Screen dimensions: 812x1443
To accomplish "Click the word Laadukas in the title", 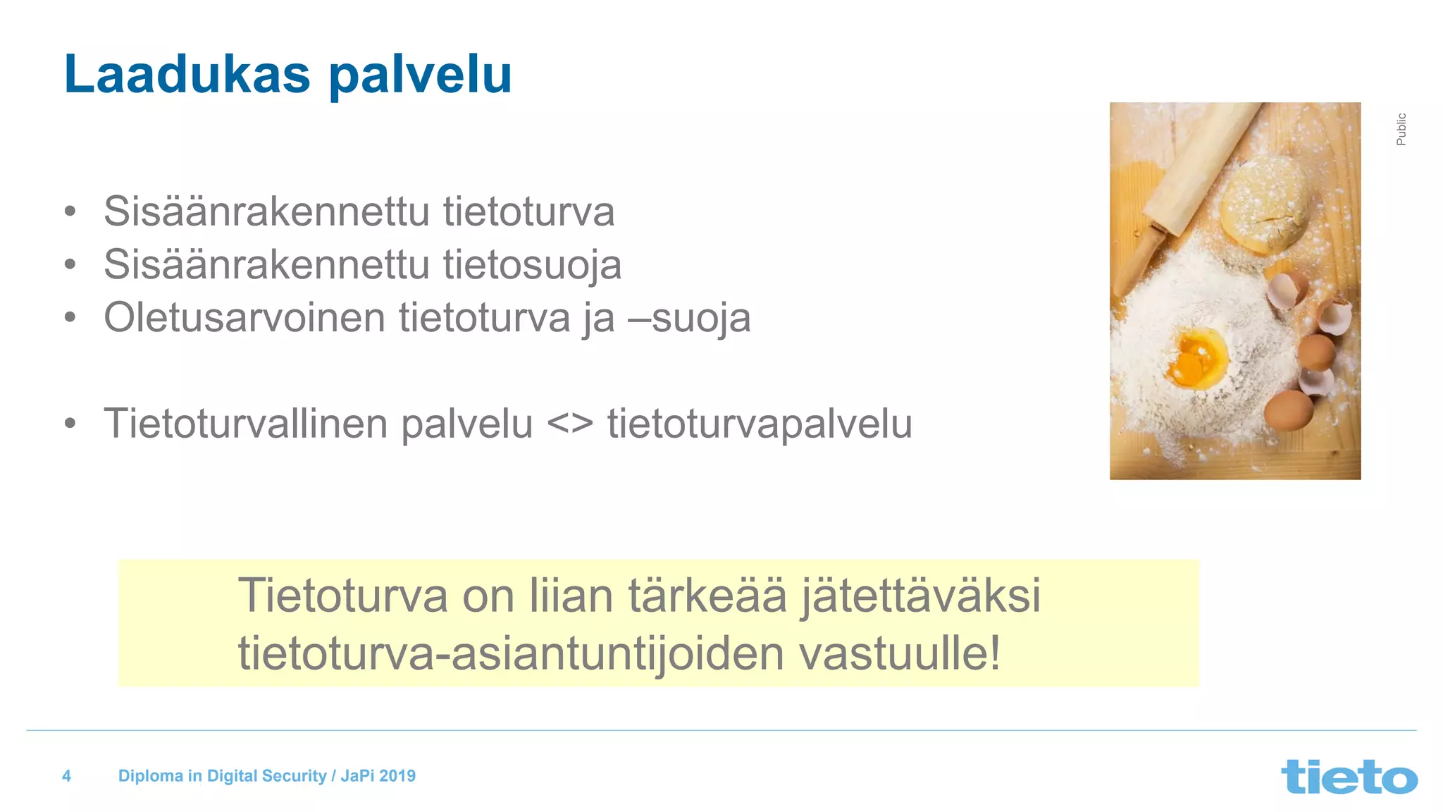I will (x=187, y=74).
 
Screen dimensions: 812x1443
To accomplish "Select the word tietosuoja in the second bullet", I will (x=532, y=265).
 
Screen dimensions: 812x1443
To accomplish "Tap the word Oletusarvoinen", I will (x=244, y=318).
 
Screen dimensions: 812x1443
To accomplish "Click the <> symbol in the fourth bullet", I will (x=570, y=424).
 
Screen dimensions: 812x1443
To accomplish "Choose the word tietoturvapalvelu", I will (x=760, y=424).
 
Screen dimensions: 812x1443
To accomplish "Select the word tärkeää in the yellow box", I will (x=707, y=596).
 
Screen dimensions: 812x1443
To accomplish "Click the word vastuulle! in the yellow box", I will (x=900, y=654).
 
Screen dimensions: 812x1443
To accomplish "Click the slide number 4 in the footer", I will (x=67, y=776).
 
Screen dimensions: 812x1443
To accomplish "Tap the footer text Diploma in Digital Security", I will (x=222, y=776).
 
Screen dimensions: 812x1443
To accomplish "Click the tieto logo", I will (x=1349, y=777).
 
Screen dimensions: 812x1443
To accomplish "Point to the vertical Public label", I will (x=1401, y=129).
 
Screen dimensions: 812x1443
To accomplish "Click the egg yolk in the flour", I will (x=1195, y=359).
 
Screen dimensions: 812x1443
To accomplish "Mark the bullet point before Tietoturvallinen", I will (x=70, y=424).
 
